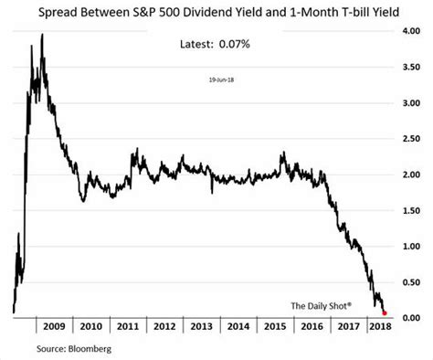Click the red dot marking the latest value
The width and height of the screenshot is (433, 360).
click(384, 312)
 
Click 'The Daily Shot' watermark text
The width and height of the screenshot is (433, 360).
click(322, 304)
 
